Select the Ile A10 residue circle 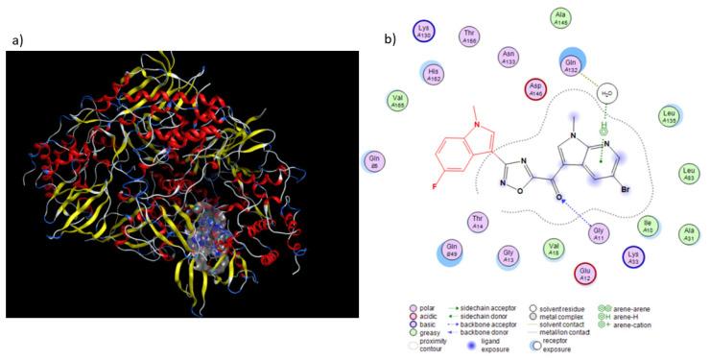tap(649, 227)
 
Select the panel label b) tap(390, 41)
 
